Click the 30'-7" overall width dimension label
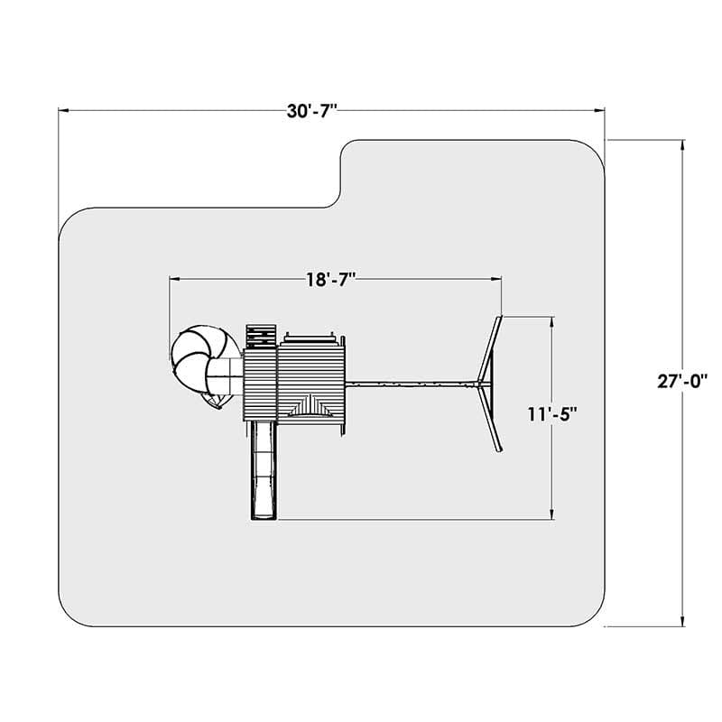point(311,111)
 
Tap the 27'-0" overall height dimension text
point(682,382)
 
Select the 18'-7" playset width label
point(331,280)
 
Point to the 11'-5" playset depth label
point(552,414)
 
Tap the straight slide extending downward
point(264,470)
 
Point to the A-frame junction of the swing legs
point(480,384)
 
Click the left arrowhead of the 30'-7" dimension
point(63,110)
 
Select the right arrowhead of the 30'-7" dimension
point(599,110)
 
